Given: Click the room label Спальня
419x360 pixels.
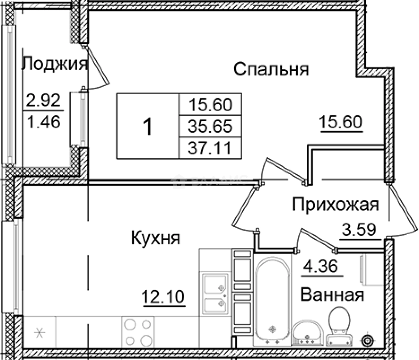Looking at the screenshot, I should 271,70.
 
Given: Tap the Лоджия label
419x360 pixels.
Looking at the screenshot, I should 55,64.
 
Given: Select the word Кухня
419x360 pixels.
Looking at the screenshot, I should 155,239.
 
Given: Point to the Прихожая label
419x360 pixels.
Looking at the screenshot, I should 335,205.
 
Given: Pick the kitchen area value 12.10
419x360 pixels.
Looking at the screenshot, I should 163,296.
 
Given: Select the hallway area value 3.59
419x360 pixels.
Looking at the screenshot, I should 360,230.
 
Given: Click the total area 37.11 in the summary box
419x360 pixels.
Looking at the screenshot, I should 210,147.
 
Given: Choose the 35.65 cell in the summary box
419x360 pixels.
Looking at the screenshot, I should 210,126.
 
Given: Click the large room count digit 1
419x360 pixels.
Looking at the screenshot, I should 147,127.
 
